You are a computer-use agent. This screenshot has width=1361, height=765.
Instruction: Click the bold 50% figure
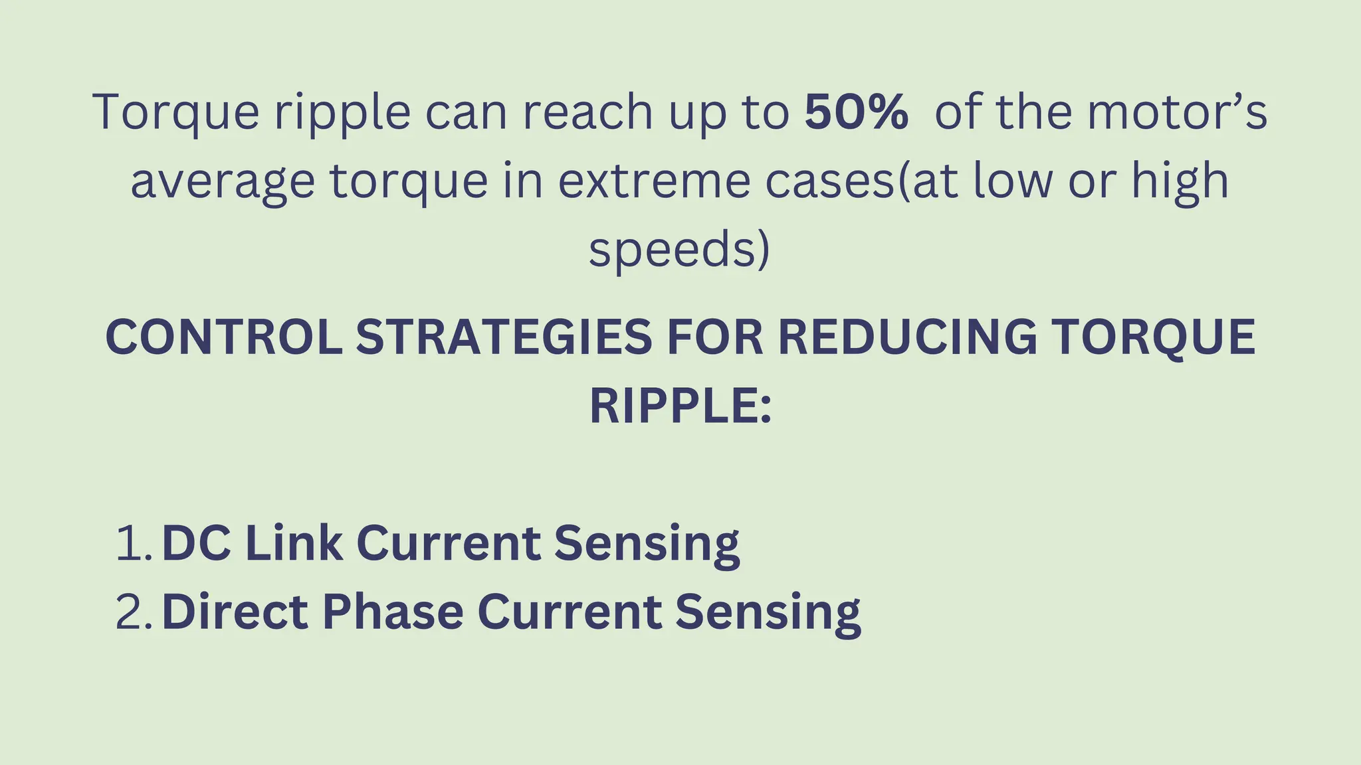(x=856, y=112)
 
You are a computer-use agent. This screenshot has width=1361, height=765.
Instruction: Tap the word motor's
(x=1177, y=112)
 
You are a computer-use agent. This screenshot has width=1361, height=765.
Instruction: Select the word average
(x=222, y=181)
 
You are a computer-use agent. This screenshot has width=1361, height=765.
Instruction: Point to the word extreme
(x=654, y=181)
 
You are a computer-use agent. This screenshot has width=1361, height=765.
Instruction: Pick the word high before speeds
(x=1180, y=181)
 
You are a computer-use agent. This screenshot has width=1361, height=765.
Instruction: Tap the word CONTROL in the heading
(x=223, y=337)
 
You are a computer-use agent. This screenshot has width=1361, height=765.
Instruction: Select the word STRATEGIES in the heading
(x=504, y=337)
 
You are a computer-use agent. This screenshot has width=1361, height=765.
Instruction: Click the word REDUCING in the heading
(x=906, y=337)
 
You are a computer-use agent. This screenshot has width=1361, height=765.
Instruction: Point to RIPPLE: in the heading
(x=680, y=406)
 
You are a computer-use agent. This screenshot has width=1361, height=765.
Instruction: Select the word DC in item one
(x=196, y=543)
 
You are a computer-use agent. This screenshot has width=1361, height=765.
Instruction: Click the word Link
(x=294, y=543)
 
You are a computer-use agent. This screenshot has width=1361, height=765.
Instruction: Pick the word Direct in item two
(x=235, y=612)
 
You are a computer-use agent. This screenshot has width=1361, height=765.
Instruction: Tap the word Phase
(x=393, y=612)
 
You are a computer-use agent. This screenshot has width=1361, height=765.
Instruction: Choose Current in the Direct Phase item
(x=569, y=612)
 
